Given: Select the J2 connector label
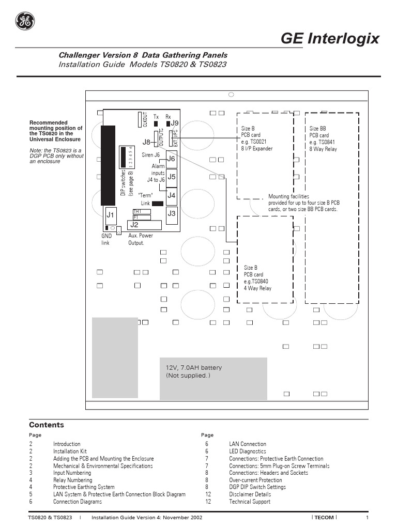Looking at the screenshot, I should coord(134,225).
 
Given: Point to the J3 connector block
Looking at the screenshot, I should coord(172,213).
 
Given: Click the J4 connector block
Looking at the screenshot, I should coord(172,195).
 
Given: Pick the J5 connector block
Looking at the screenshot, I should coord(172,177).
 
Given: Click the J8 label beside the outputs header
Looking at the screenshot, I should coord(146,142).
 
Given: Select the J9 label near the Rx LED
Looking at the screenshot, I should coord(175,123).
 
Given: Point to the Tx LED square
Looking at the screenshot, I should coord(156,125).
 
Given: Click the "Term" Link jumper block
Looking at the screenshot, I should coord(158,204).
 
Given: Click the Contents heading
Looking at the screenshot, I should coord(46,425).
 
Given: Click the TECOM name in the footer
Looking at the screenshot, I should coord(324,518).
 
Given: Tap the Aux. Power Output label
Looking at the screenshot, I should coord(140,239).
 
